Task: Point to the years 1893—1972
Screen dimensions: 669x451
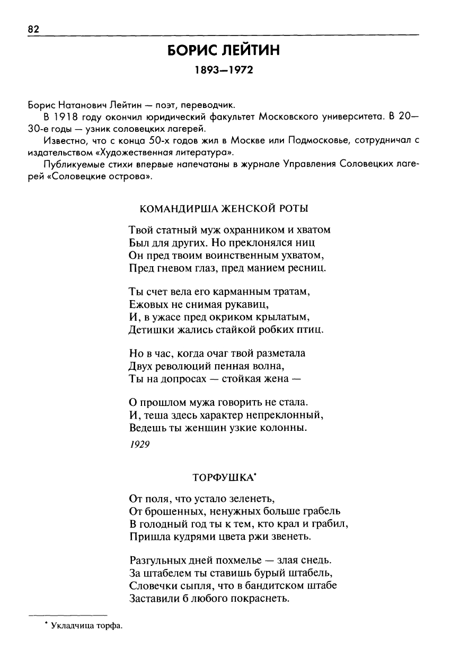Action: [223, 70]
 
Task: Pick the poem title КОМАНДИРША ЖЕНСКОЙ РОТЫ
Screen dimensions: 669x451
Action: [224, 209]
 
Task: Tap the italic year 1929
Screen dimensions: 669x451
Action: [139, 445]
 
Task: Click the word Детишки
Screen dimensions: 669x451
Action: [150, 330]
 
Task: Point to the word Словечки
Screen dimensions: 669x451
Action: [151, 586]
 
